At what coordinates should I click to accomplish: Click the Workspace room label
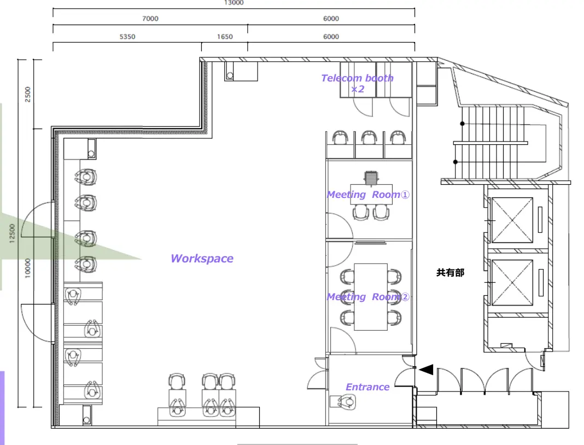coord(202,259)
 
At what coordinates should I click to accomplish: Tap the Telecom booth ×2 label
coord(357,84)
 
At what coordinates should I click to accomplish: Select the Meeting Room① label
coord(368,195)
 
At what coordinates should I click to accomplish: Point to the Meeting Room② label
coord(368,297)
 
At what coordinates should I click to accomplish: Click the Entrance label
coord(367,387)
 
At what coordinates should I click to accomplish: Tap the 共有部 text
coord(450,273)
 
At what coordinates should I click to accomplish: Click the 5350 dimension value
coord(127,37)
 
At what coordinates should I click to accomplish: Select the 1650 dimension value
coord(225,37)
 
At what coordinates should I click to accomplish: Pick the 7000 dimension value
coord(150,18)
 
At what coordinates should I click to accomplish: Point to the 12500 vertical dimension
coord(12,233)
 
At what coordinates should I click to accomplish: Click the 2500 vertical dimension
coord(27,94)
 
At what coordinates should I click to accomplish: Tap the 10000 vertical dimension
coord(27,268)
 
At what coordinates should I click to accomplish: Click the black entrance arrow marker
coord(426,370)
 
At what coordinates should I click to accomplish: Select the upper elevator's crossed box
coord(512,220)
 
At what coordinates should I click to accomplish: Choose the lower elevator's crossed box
coord(512,282)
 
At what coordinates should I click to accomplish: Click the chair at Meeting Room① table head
coord(371,178)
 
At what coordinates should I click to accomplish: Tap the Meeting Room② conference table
coord(371,297)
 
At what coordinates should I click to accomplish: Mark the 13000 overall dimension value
coord(234,3)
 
